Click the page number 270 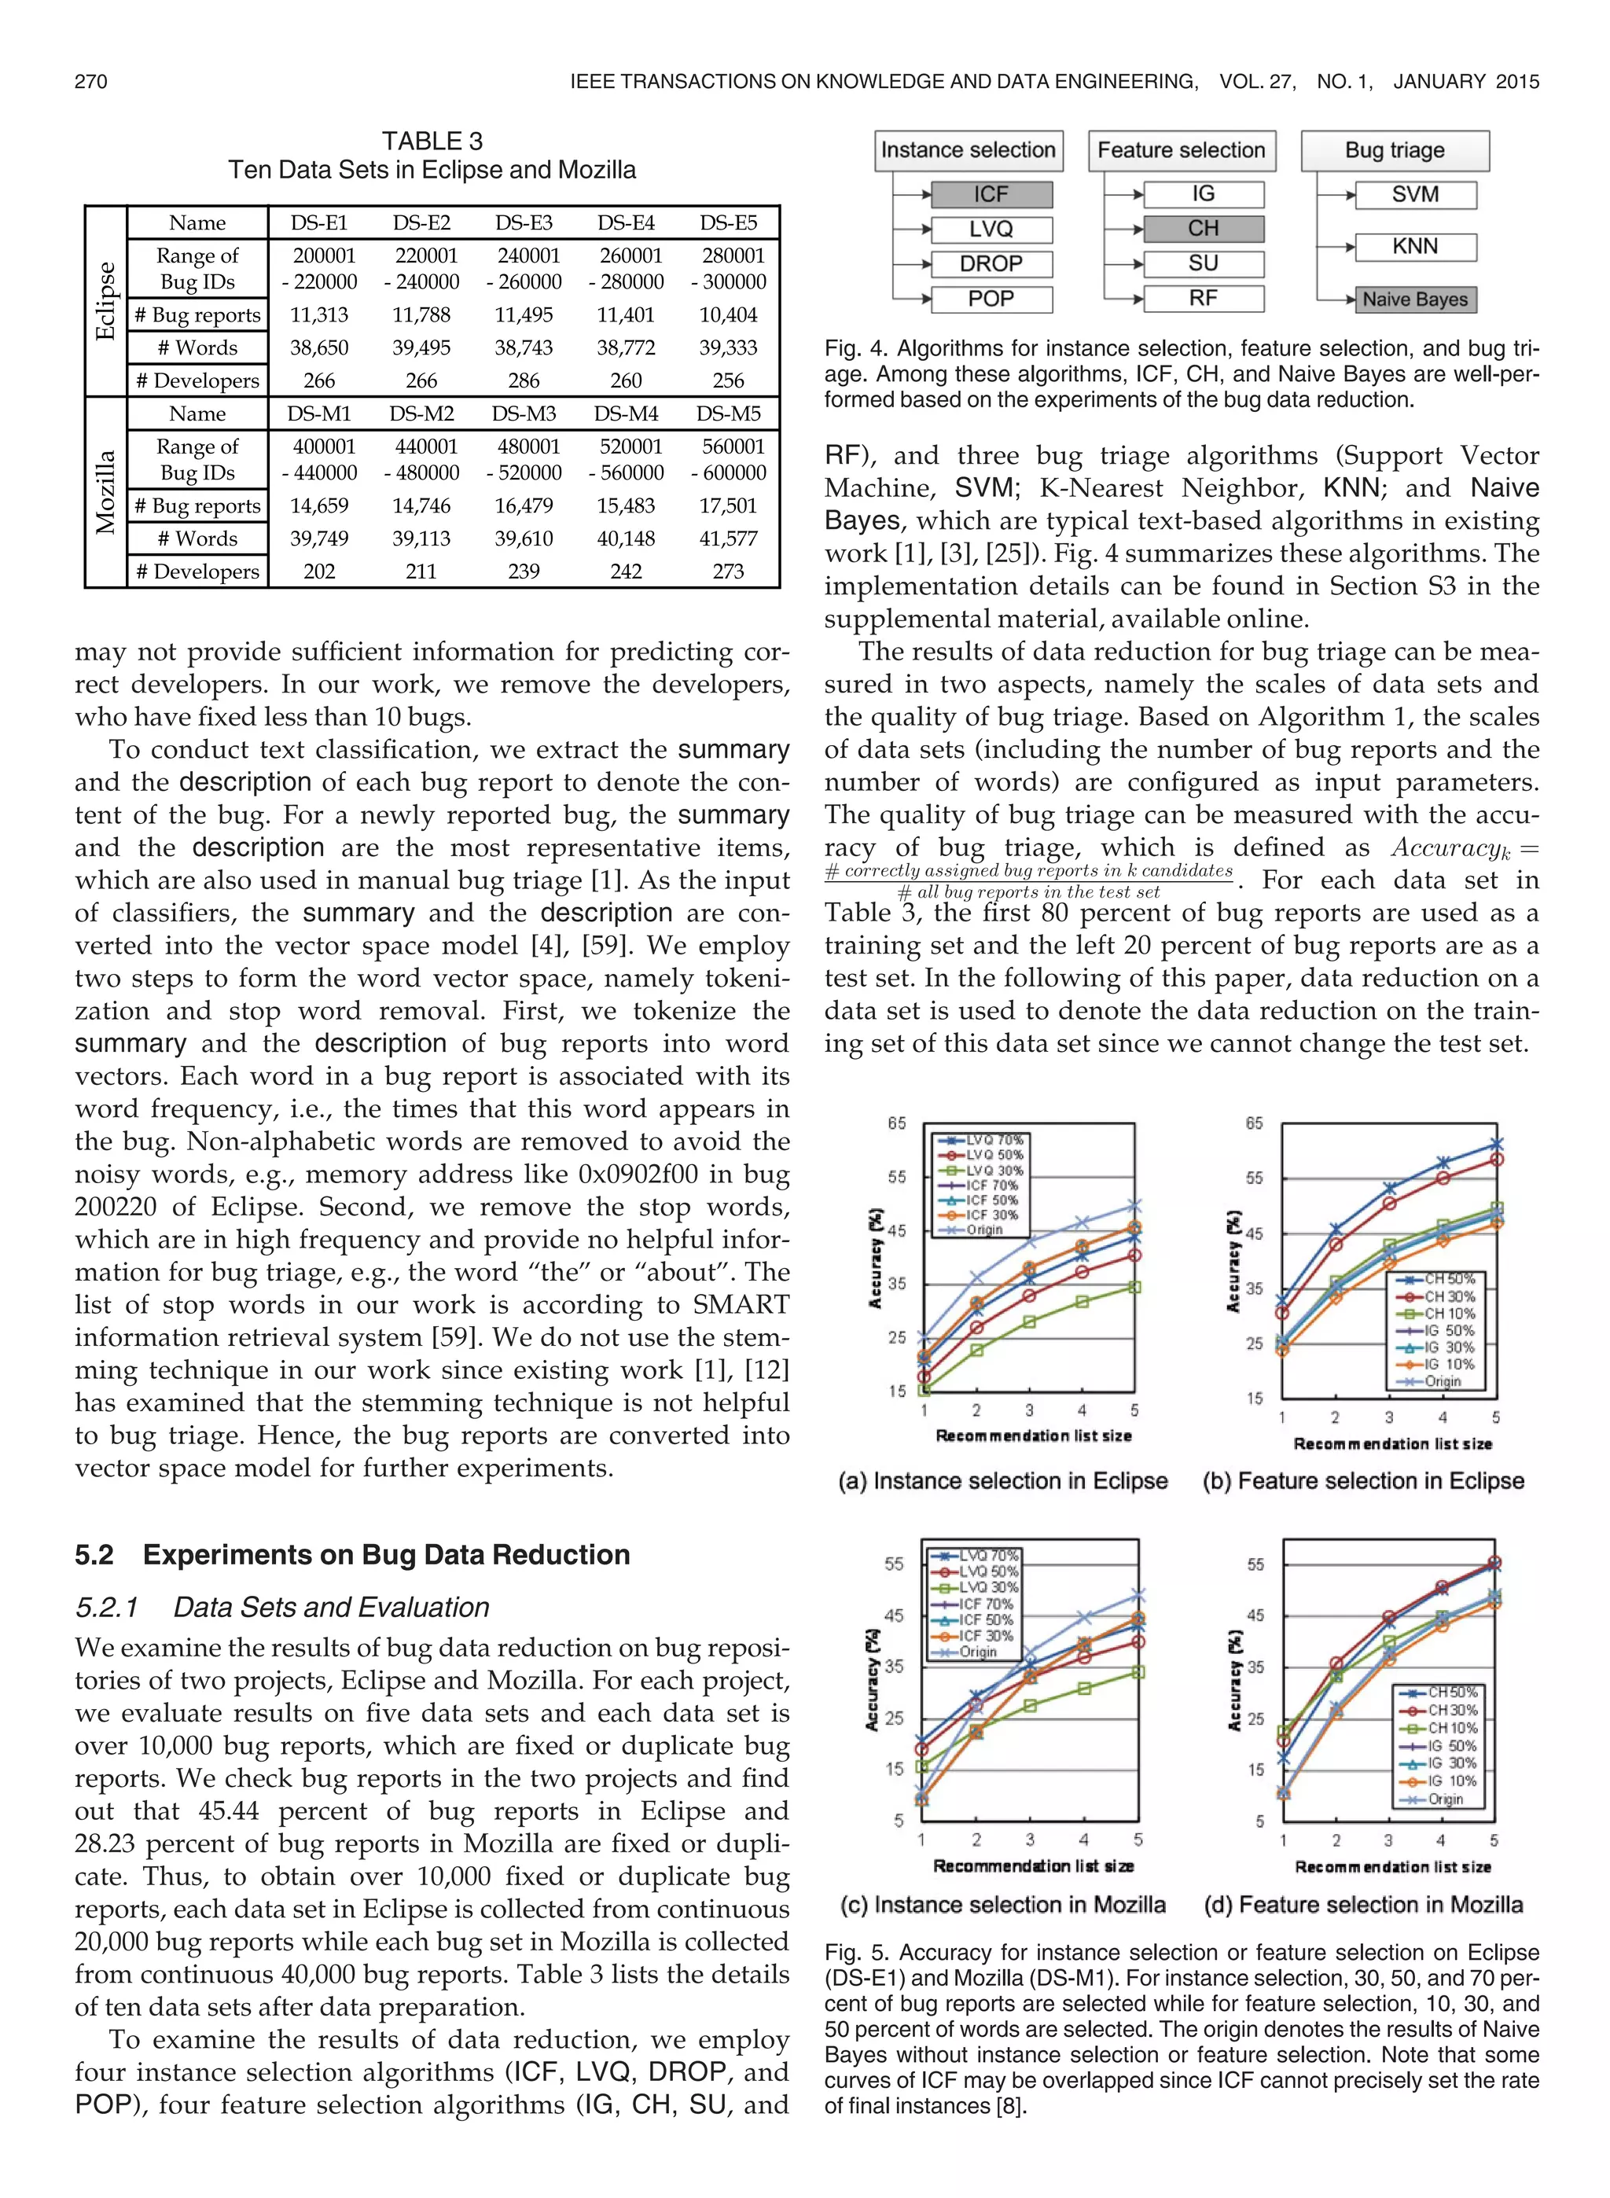pos(90,82)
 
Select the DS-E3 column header pos(524,223)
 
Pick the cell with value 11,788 pos(421,314)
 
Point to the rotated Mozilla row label pos(105,492)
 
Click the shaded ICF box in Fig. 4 pos(991,195)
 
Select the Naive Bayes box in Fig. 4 pos(1414,299)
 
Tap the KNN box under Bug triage pos(1414,247)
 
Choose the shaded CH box pos(1203,229)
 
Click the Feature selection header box pos(1182,151)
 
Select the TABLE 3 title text pos(432,142)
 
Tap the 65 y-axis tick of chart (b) pos(1253,1123)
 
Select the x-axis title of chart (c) pos(1033,1865)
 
